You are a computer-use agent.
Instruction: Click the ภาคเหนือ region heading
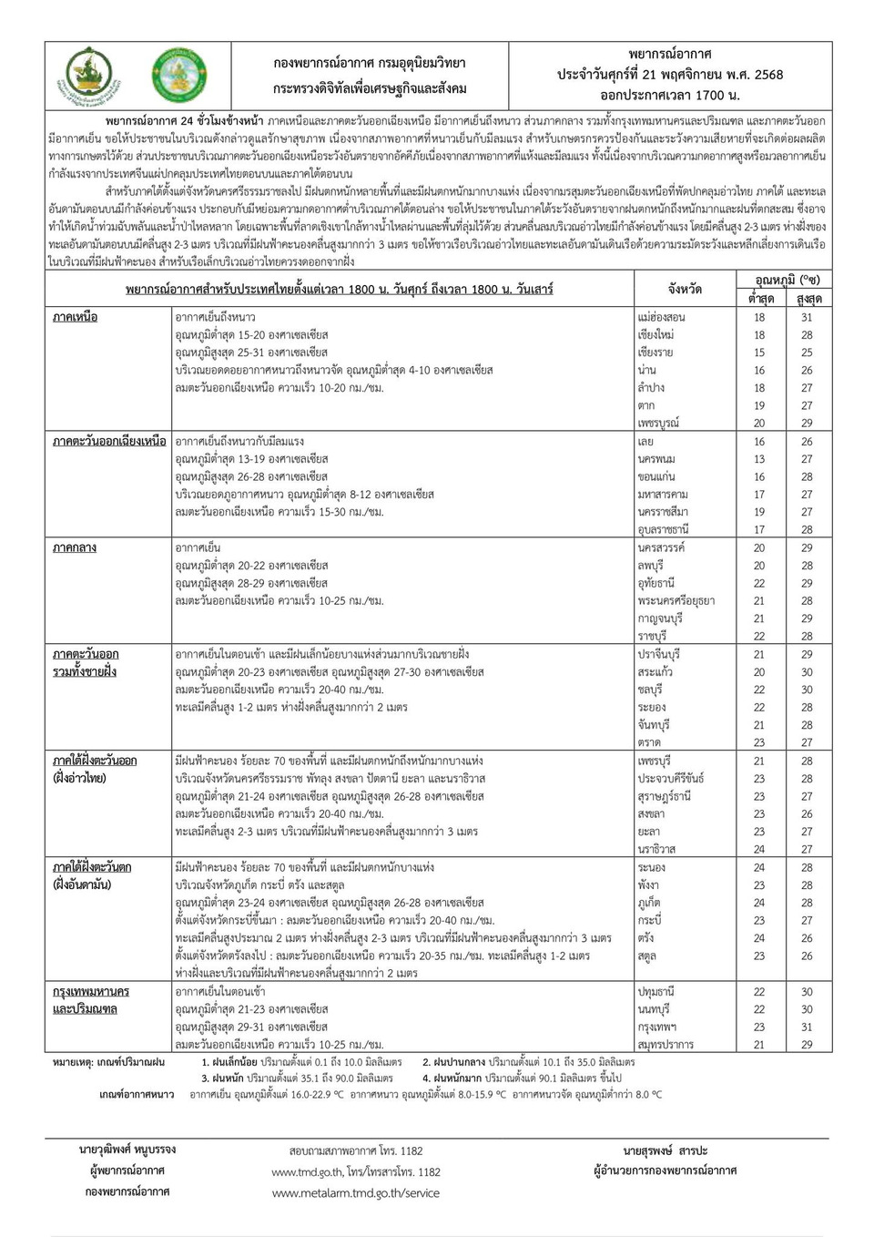tap(75, 317)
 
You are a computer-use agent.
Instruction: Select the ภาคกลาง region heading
tap(75, 547)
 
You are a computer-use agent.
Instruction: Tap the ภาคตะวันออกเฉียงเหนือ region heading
tap(109, 441)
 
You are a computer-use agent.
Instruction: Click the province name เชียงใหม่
tap(655, 335)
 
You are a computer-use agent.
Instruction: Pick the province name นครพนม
tap(656, 459)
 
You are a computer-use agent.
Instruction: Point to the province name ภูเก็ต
tap(649, 903)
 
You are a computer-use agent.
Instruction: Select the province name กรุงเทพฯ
tap(657, 1027)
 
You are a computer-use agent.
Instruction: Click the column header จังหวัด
tap(685, 289)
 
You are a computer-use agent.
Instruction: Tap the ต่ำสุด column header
tap(760, 299)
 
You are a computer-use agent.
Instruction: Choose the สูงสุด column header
tap(808, 299)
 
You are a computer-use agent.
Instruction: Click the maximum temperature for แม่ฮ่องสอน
tap(807, 317)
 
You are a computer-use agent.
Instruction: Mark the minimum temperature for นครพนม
tap(759, 459)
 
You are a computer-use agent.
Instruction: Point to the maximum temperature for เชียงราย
tap(807, 353)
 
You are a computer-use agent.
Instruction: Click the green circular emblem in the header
tap(177, 76)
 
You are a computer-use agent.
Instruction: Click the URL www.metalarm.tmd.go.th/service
tap(355, 1192)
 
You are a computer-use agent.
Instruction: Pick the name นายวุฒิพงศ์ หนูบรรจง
tap(127, 1150)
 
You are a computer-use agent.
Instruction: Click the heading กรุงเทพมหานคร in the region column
tap(91, 991)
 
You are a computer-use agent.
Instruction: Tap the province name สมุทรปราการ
tap(666, 1045)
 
